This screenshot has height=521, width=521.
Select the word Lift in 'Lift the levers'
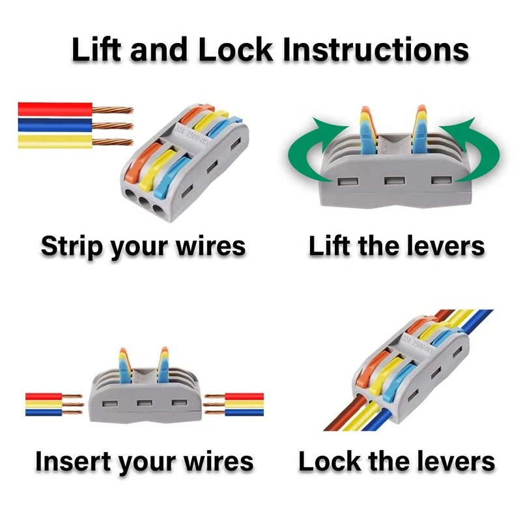tap(331, 247)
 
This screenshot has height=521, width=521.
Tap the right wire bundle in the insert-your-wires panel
tap(234, 404)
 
